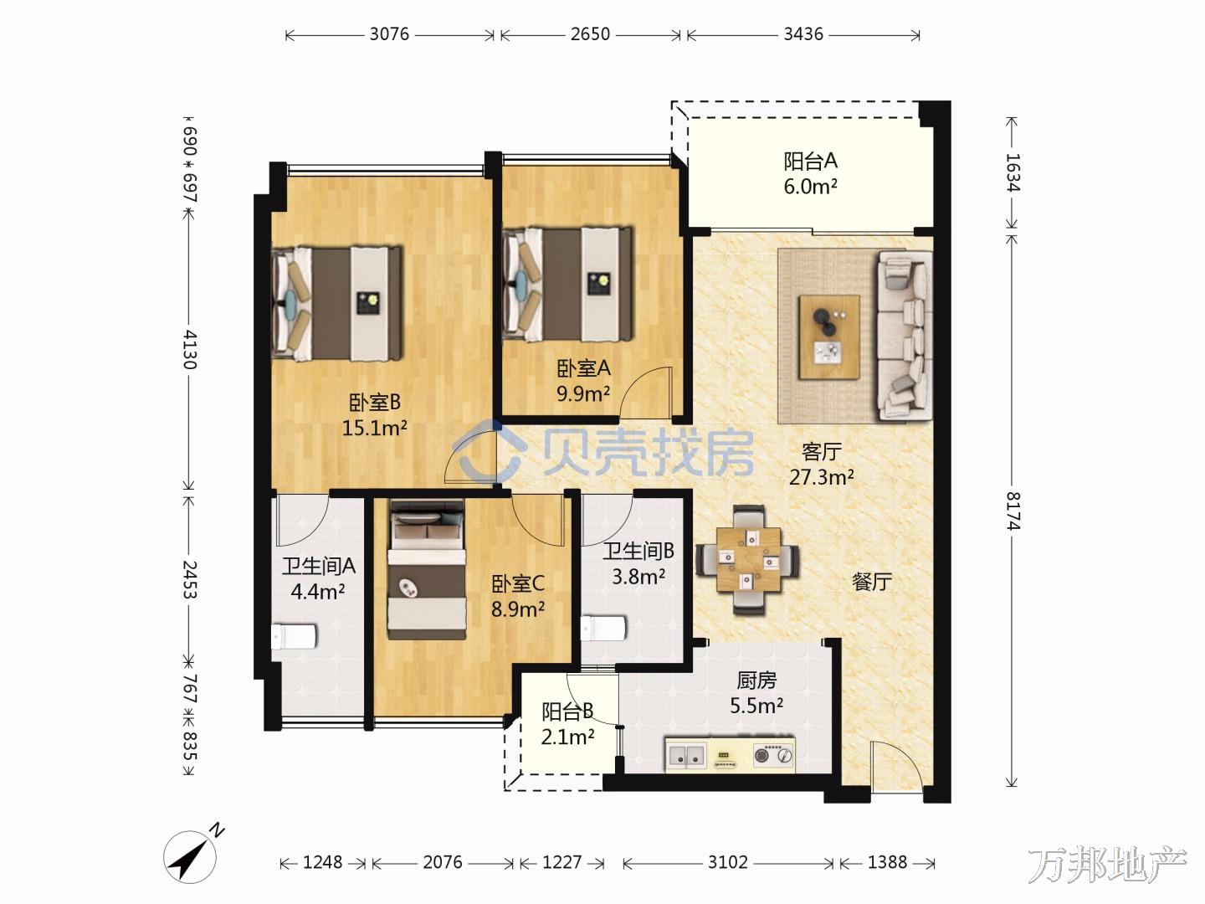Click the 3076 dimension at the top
coord(389,34)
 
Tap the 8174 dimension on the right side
coord(1013,511)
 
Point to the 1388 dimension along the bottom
coord(887,862)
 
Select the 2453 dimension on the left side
coord(189,579)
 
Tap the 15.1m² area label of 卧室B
coord(374,428)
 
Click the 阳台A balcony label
coord(810,162)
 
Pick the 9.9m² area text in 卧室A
coord(583,393)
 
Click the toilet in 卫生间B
coord(603,628)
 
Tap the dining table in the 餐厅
coord(748,559)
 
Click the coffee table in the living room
coord(829,337)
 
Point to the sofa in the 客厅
coord(905,336)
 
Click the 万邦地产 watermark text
coord(1107,864)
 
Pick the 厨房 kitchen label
coord(756,681)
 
